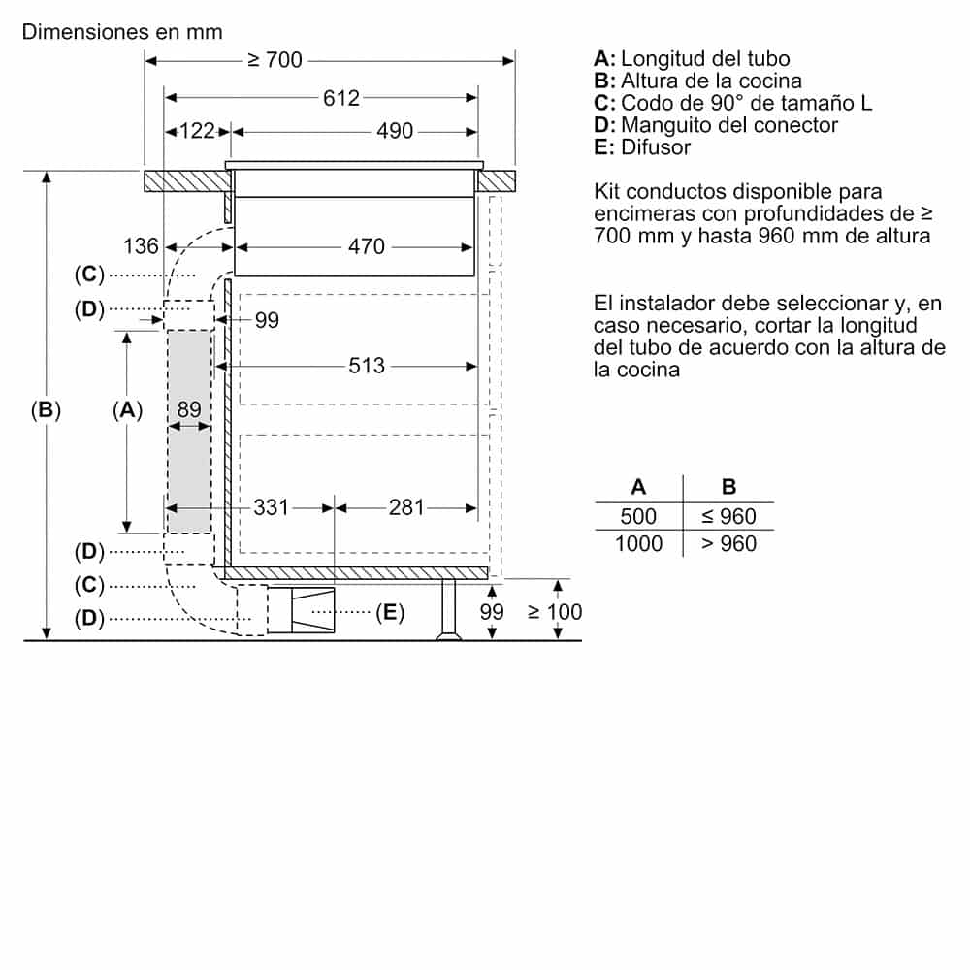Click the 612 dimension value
click(x=341, y=98)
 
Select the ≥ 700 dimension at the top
click(x=275, y=61)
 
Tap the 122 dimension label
click(x=197, y=131)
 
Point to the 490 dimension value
click(x=395, y=131)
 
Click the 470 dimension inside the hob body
click(x=367, y=246)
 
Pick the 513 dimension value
click(x=367, y=366)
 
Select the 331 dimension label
click(x=272, y=506)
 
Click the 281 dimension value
click(x=406, y=506)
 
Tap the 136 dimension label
click(x=141, y=246)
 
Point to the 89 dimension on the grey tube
click(x=189, y=410)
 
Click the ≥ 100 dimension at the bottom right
click(x=555, y=612)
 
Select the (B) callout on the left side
click(x=45, y=410)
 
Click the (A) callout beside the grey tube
click(x=127, y=410)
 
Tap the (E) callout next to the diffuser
click(x=390, y=612)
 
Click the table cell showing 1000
click(x=638, y=543)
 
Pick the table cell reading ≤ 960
click(x=728, y=517)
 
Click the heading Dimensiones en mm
click(x=122, y=31)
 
